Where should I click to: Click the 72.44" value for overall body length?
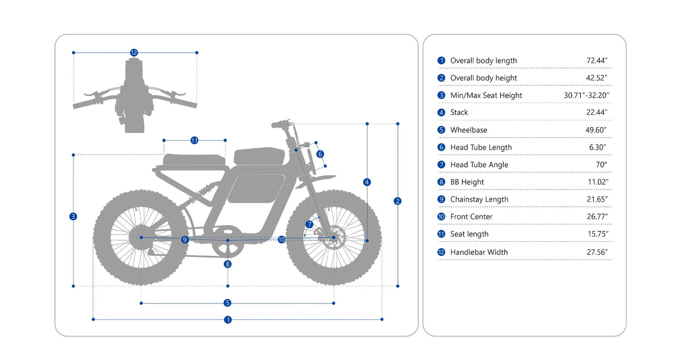(x=597, y=60)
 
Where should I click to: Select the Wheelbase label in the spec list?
(x=468, y=130)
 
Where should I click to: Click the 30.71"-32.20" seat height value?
(x=587, y=95)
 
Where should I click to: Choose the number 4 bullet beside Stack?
(x=441, y=113)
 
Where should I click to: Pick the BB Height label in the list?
(x=467, y=182)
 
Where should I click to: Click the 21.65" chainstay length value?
(x=597, y=199)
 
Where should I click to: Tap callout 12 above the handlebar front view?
(x=134, y=53)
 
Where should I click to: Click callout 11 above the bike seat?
(x=194, y=140)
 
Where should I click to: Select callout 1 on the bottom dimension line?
(x=228, y=319)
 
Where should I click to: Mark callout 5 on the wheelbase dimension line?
(x=228, y=303)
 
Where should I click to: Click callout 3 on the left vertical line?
(x=73, y=217)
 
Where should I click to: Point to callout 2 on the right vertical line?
(x=398, y=201)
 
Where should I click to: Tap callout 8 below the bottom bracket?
(x=228, y=264)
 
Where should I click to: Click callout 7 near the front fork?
(x=309, y=224)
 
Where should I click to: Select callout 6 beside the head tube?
(x=320, y=154)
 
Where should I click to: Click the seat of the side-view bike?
(x=194, y=159)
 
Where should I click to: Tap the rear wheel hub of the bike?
(x=141, y=237)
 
